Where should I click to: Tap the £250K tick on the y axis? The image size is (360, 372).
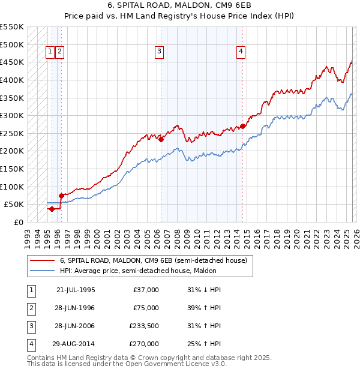tap(11, 133)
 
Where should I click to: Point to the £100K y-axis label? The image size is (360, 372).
tap(11, 187)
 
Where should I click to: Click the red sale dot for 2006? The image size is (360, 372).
tap(161, 139)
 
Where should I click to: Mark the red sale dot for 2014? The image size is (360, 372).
tap(242, 126)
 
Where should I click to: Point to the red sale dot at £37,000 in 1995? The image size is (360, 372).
tap(52, 209)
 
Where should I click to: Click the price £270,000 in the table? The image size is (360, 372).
tap(146, 344)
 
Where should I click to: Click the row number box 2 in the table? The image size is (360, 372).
tap(31, 308)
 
